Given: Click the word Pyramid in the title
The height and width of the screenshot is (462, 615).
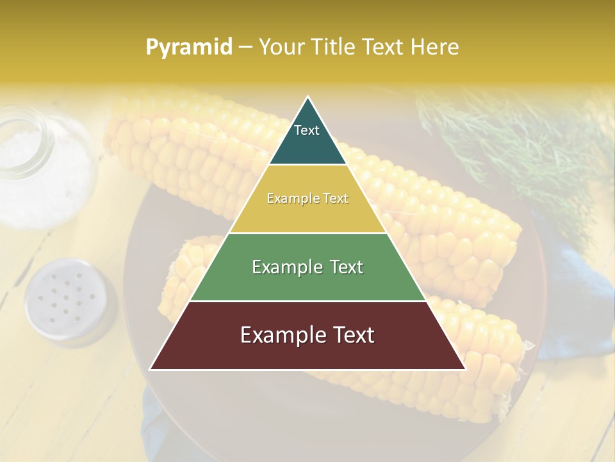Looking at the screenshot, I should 188,47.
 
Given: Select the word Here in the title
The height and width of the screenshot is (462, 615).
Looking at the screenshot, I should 435,47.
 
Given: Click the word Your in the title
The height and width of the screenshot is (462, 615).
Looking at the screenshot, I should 281,47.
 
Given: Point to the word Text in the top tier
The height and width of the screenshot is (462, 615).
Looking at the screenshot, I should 307,130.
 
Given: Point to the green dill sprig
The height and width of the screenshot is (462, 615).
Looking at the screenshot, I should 512,141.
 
